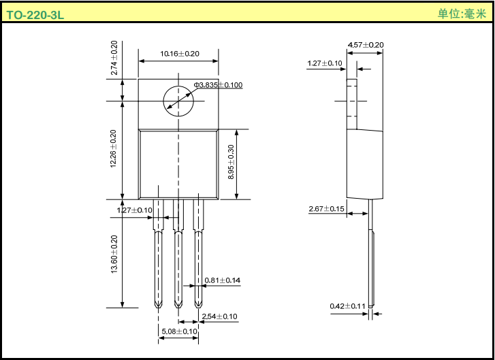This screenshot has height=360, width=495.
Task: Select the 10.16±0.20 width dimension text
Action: pyautogui.click(x=179, y=54)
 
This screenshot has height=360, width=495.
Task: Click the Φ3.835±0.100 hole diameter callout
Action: pyautogui.click(x=218, y=85)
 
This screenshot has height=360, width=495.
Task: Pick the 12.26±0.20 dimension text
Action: pyautogui.click(x=114, y=150)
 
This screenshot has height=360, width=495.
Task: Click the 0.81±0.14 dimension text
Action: pyautogui.click(x=223, y=280)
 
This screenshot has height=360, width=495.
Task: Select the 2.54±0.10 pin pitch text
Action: pyautogui.click(x=219, y=316)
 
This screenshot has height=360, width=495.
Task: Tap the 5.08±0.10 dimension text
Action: pyautogui.click(x=179, y=331)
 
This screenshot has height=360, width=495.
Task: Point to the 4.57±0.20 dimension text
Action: pyautogui.click(x=366, y=45)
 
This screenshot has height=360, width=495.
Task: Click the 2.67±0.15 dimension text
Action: pyautogui.click(x=326, y=209)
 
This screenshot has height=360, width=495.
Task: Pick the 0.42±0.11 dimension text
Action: pyautogui.click(x=347, y=306)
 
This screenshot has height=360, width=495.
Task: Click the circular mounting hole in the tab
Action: pyautogui.click(x=178, y=102)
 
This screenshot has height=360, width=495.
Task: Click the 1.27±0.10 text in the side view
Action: pyautogui.click(x=325, y=63)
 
